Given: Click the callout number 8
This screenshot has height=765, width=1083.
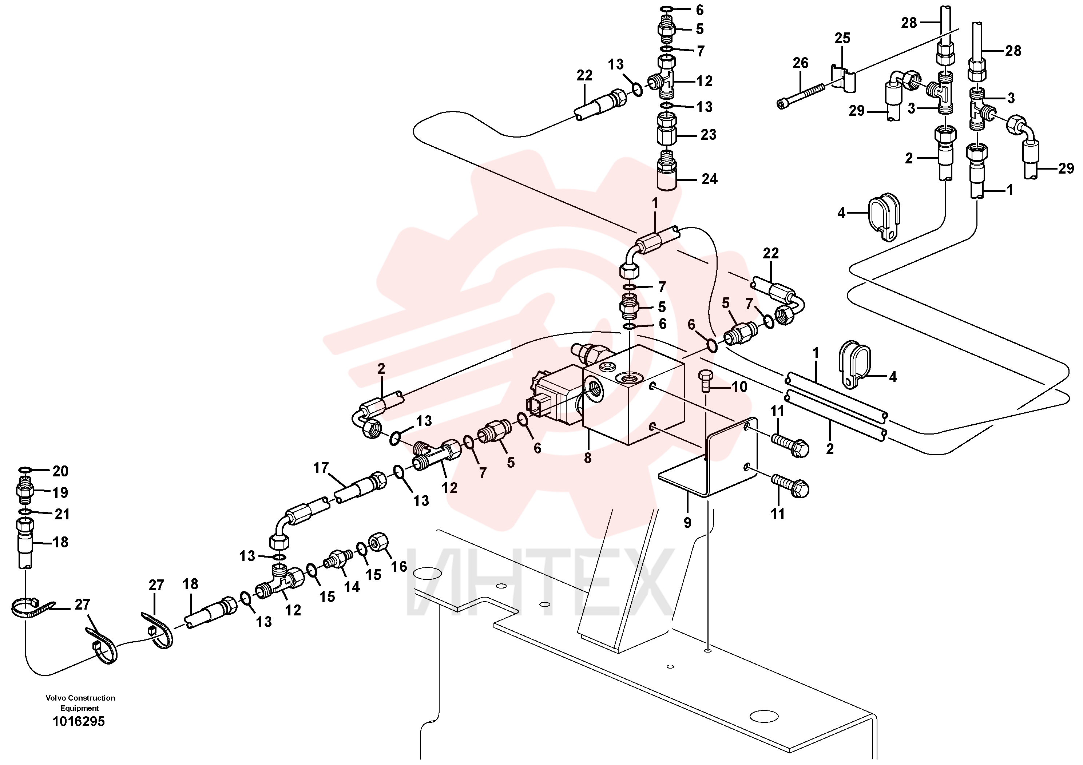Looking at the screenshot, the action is [587, 457].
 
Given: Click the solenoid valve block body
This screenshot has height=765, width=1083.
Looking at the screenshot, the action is [634, 395].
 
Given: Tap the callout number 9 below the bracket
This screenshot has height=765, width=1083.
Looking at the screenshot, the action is [687, 522].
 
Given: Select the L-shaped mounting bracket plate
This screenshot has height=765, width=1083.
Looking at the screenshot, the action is [707, 458].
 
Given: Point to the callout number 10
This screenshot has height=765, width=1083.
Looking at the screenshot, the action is [739, 387].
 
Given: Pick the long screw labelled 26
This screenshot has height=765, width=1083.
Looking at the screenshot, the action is [801, 96].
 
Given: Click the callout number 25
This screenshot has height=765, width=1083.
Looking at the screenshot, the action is [842, 38].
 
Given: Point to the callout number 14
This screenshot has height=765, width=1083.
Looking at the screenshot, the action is [352, 587].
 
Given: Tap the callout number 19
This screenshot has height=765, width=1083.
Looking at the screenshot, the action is [60, 492].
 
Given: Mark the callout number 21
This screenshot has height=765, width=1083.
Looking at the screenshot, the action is [62, 514].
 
